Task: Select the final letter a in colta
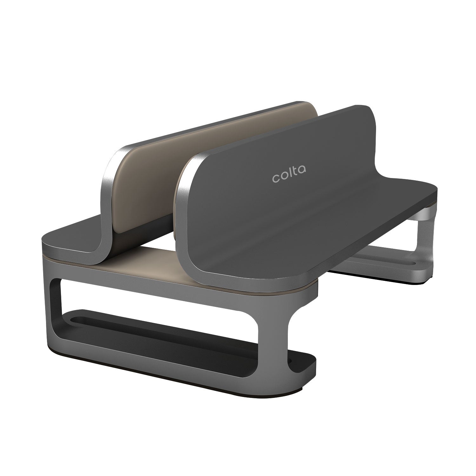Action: [302, 170]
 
